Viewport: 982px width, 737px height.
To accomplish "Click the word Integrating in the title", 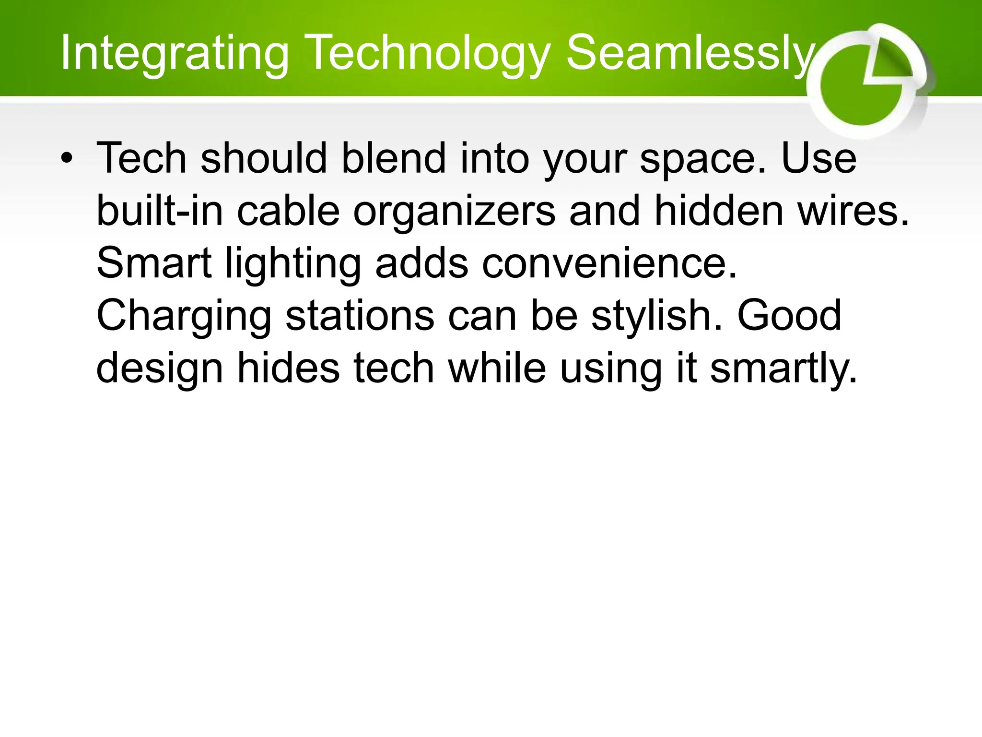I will click(175, 54).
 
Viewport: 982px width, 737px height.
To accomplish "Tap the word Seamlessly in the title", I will click(690, 54).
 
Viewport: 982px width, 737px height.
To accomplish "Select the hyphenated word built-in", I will click(160, 211).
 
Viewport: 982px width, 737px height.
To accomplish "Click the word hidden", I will click(718, 211).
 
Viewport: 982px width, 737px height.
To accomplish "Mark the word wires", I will click(853, 211).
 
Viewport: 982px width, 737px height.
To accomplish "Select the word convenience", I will click(609, 263).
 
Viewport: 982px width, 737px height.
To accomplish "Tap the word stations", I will click(360, 316).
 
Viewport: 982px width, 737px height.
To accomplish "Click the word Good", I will click(789, 316).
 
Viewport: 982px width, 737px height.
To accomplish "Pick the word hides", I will click(288, 368).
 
